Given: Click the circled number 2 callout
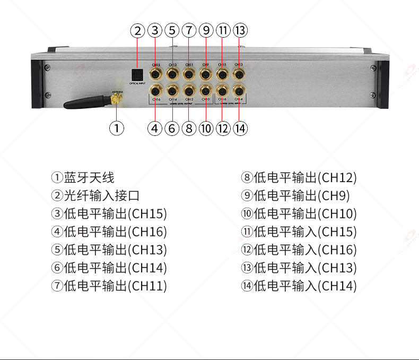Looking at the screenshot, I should point(137,30).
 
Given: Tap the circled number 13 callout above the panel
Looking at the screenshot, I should point(240,30).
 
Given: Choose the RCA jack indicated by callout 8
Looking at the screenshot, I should point(189,90).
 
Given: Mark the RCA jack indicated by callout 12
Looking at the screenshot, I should point(222,90).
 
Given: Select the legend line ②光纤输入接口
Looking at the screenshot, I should point(95,196).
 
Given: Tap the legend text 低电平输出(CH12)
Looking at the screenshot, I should point(299,178).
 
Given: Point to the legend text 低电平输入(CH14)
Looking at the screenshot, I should point(299,286).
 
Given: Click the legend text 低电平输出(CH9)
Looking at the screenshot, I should point(295,196).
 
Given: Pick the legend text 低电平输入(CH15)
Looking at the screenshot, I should point(299,232).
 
